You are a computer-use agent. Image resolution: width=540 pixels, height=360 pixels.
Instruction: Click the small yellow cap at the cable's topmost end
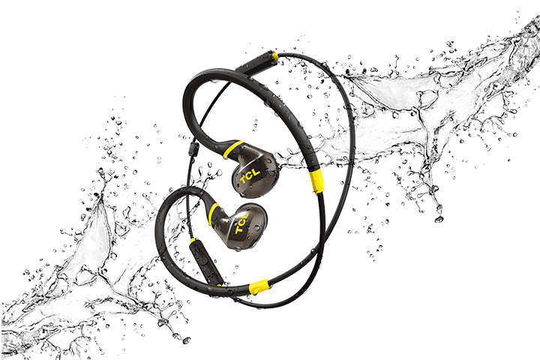(275, 55)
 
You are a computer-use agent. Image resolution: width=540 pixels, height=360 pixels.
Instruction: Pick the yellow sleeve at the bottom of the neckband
(259, 286)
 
